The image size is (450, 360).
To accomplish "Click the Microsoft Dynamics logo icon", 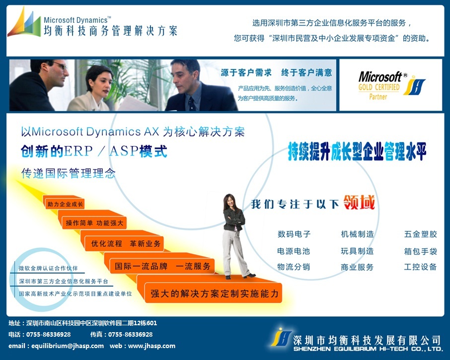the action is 24,22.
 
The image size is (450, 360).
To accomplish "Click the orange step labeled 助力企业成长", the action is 65,204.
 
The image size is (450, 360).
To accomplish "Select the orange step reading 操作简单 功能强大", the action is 94,223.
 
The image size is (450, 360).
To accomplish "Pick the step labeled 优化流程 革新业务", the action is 126,244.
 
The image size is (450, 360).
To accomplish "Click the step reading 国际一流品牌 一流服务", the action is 163,266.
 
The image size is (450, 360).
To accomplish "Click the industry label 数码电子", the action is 294,234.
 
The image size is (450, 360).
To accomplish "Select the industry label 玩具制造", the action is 357,251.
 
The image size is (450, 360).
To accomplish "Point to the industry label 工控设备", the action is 420,267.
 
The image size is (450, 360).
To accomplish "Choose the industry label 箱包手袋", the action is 420,251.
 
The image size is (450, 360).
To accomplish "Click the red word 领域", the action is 359,202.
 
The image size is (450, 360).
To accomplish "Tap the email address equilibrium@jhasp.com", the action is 68,346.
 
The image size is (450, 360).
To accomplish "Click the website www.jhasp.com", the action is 151,346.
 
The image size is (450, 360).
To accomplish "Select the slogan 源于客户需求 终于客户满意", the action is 276,72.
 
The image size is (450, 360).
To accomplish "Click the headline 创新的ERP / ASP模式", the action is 94,151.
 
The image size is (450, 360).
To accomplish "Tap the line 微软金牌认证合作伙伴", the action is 48,268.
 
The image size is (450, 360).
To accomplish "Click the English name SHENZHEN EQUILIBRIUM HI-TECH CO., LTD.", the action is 368,349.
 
